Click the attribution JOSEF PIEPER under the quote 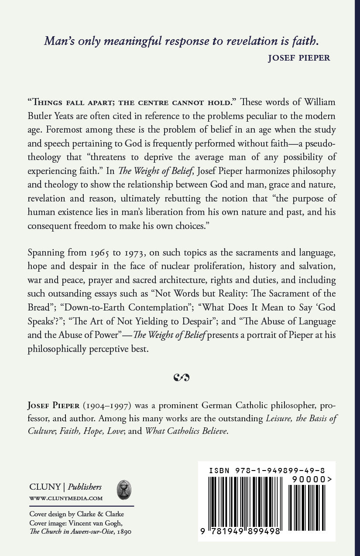(299, 58)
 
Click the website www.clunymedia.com (66, 498)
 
